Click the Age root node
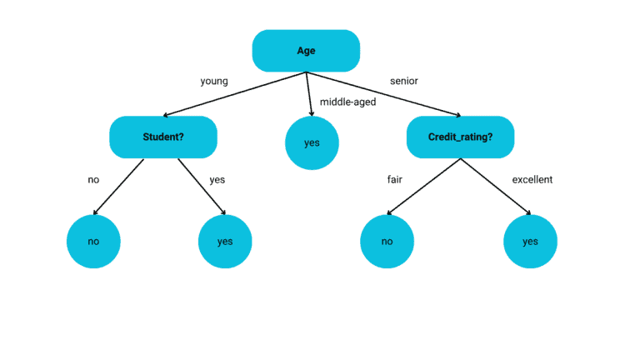306,51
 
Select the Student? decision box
163,137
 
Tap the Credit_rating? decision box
460,137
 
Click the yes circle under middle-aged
312,142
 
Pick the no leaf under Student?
93,242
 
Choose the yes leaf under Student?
225,242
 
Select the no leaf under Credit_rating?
387,242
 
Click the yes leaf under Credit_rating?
530,242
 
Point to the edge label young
214,81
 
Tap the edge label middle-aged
347,102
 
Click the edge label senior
404,81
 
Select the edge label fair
395,179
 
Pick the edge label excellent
532,179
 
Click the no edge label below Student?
93,179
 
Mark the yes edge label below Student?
217,179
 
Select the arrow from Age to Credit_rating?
383,94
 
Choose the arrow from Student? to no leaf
119,187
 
